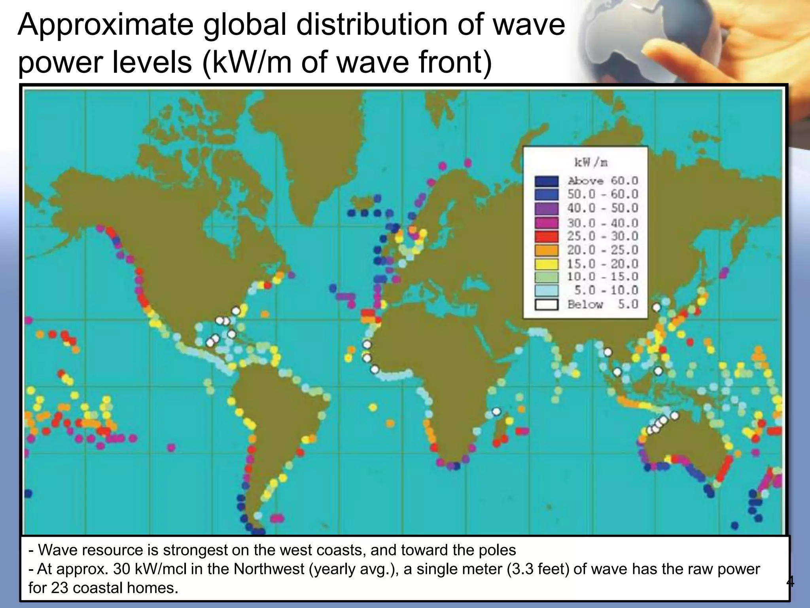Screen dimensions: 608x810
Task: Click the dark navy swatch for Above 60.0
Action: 547,181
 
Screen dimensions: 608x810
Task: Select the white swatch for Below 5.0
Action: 547,304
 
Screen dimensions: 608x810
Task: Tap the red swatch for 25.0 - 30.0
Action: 547,236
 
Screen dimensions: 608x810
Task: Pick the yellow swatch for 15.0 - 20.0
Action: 547,264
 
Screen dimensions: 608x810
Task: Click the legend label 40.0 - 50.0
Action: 602,208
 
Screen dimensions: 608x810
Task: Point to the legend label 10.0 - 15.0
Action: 602,277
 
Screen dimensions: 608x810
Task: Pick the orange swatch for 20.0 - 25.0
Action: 547,250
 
